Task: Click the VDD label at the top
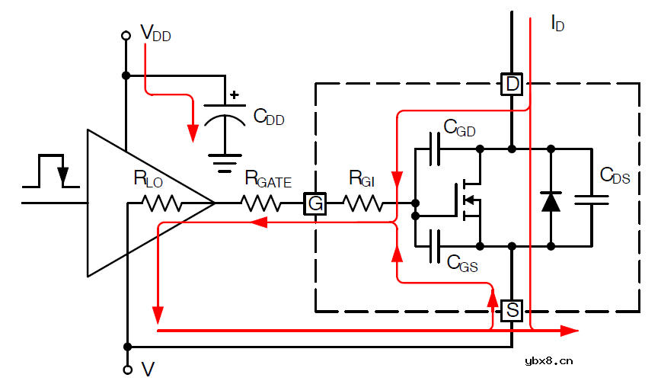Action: tap(155, 34)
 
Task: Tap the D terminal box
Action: tap(512, 84)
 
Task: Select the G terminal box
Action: tap(315, 203)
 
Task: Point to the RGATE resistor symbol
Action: tap(260, 203)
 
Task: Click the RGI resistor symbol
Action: tap(363, 203)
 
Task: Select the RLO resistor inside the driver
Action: tap(160, 203)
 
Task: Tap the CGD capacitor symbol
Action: tap(435, 149)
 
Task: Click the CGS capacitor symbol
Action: tap(435, 246)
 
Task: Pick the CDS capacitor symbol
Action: tap(591, 200)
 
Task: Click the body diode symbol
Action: tap(551, 201)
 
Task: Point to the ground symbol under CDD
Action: tap(223, 162)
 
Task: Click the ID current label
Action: tap(557, 24)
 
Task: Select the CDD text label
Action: tap(269, 117)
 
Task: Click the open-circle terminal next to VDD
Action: tap(126, 35)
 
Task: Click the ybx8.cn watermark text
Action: tap(543, 360)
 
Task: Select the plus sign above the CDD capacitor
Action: tap(234, 95)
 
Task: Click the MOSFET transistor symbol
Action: tap(467, 202)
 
